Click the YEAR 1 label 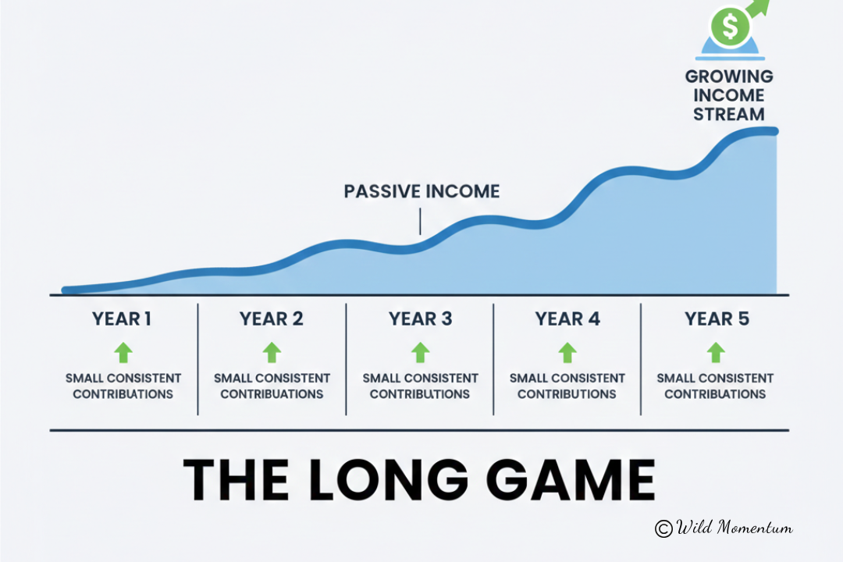122,319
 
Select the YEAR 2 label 272,319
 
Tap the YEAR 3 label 421,319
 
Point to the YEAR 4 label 567,319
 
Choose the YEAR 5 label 717,319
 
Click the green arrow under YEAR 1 123,352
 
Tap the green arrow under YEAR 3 421,352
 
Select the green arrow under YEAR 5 716,352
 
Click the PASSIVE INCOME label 422,191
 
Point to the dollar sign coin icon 730,26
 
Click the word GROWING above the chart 729,76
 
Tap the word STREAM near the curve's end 728,114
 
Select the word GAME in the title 571,480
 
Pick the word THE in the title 236,480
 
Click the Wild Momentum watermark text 734,527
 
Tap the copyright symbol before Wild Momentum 663,528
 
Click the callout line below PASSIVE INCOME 420,221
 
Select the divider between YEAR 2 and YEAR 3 346,359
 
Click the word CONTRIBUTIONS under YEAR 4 567,394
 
